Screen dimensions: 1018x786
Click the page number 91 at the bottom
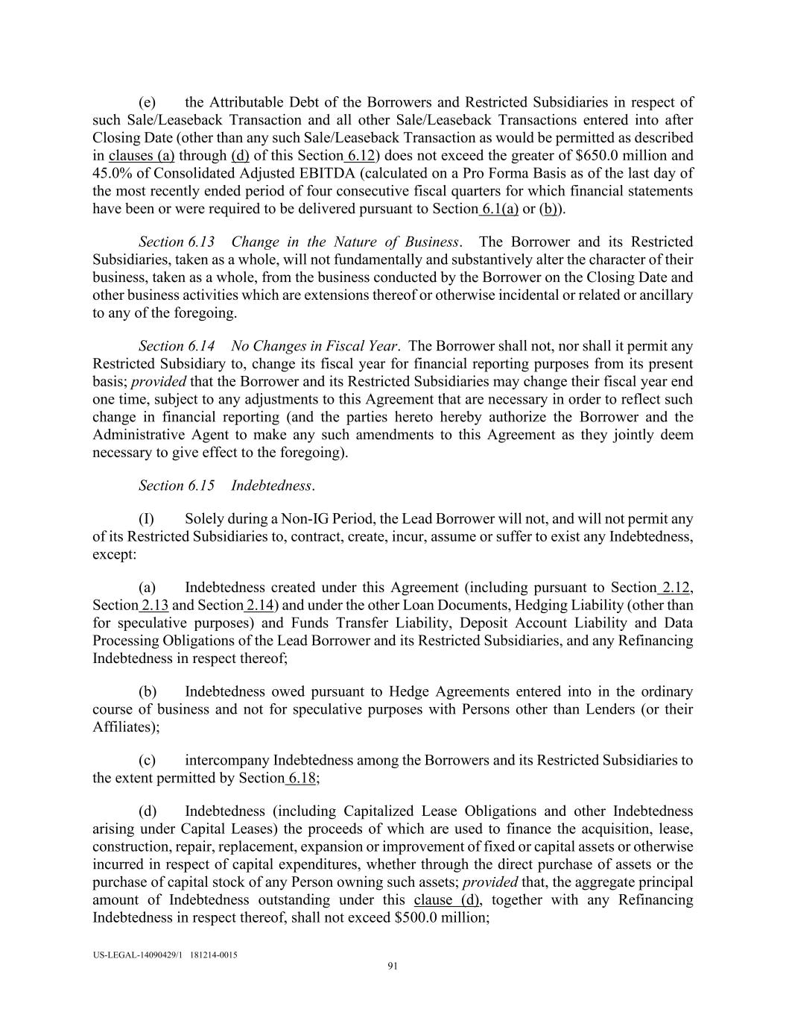(x=393, y=967)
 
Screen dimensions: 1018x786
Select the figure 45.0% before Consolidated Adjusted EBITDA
(x=112, y=174)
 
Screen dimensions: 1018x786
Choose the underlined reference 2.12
(x=675, y=588)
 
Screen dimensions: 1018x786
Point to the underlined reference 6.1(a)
(x=500, y=209)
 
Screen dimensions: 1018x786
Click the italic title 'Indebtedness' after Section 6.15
(x=271, y=486)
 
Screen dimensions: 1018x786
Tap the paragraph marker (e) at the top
(x=147, y=103)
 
